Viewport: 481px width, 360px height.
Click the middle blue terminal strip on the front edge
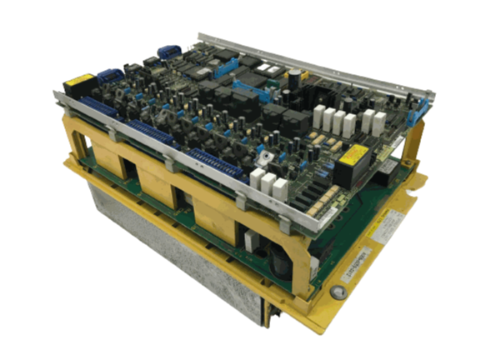tap(151, 130)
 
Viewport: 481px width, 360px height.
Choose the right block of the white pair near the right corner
tap(380, 122)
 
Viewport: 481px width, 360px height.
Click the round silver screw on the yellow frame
tap(337, 291)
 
